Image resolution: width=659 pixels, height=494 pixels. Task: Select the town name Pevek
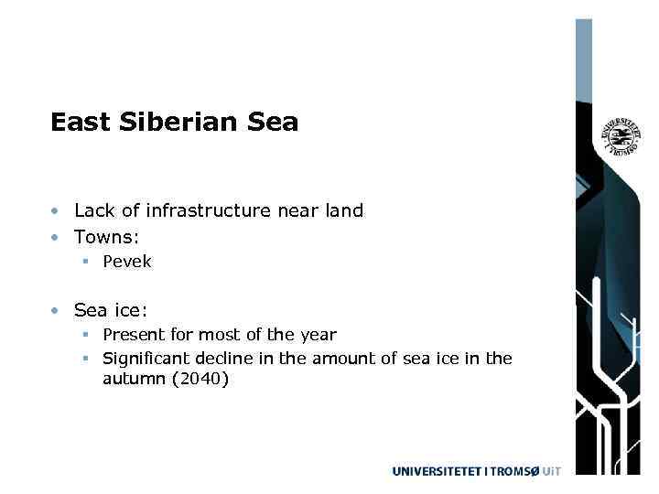pyautogui.click(x=127, y=262)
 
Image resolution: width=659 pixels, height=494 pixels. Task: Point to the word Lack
pyautogui.click(x=94, y=210)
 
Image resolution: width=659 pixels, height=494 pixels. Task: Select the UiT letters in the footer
pyautogui.click(x=549, y=471)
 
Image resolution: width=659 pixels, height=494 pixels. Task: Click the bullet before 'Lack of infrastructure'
pyautogui.click(x=57, y=211)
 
